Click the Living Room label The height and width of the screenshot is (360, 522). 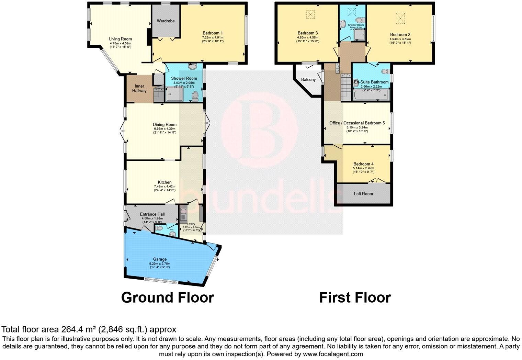(x=120, y=39)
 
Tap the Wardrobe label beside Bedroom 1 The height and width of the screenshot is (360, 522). (x=166, y=21)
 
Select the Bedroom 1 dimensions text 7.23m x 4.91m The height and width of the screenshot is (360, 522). (x=213, y=37)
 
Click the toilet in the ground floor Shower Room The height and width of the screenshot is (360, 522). (x=195, y=96)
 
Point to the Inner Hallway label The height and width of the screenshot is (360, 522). (x=139, y=88)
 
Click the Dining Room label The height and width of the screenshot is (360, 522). (x=164, y=125)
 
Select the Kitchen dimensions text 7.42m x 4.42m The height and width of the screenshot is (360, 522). (x=164, y=187)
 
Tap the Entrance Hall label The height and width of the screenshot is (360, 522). (x=152, y=214)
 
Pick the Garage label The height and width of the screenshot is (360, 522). (x=160, y=259)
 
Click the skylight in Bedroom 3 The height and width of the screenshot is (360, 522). (x=310, y=15)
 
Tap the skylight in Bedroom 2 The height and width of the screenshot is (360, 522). (x=400, y=18)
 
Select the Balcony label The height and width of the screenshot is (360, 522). (x=308, y=80)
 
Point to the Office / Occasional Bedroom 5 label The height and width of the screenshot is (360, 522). (x=357, y=123)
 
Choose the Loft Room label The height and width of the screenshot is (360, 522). (x=363, y=194)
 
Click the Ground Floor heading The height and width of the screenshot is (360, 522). (x=167, y=297)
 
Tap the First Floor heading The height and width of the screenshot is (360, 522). (x=355, y=297)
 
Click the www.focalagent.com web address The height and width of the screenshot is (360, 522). (x=332, y=354)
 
